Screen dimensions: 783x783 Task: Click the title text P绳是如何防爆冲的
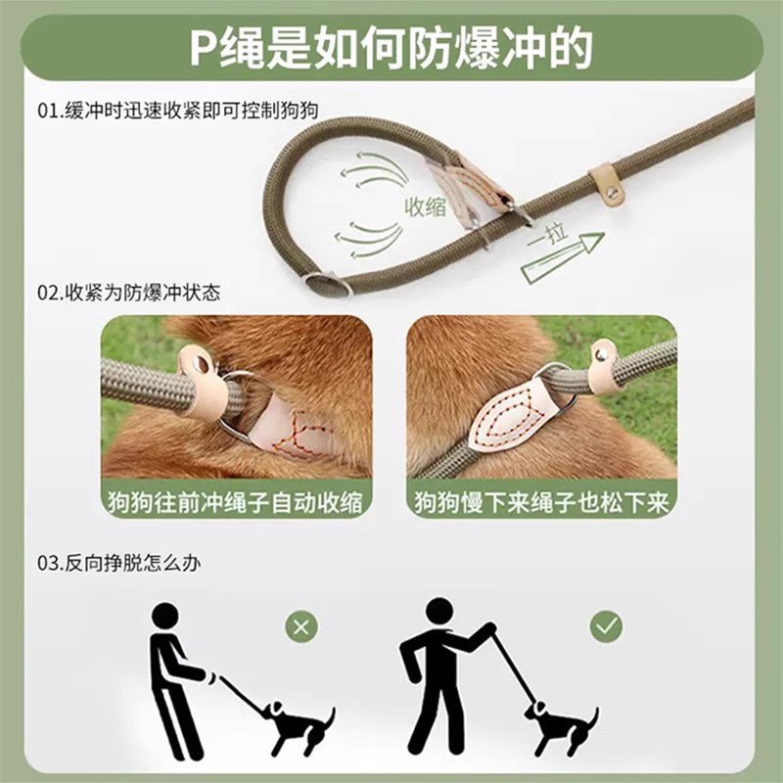click(x=391, y=48)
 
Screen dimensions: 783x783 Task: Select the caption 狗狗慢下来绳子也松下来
click(x=541, y=503)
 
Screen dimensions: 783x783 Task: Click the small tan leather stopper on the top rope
click(x=607, y=185)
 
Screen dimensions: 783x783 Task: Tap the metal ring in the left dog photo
click(x=235, y=411)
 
